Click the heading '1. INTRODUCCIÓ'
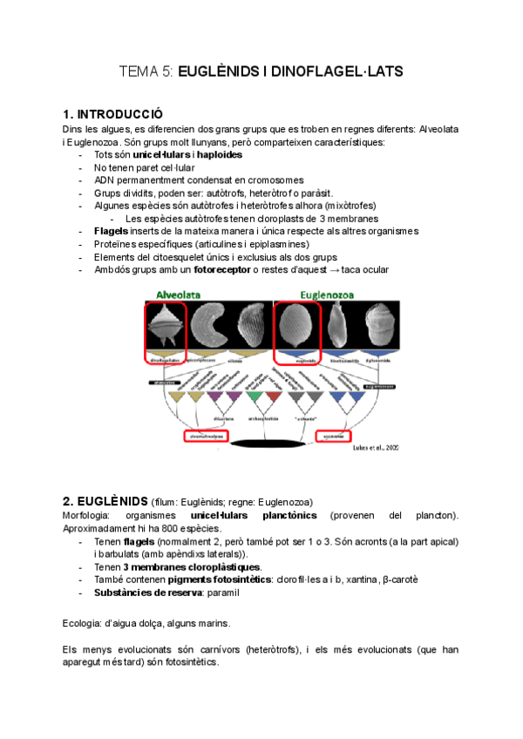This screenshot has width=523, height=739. pyautogui.click(x=113, y=115)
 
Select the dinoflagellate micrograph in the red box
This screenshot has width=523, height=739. pyautogui.click(x=166, y=329)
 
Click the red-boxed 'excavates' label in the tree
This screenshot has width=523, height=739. pyautogui.click(x=334, y=435)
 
